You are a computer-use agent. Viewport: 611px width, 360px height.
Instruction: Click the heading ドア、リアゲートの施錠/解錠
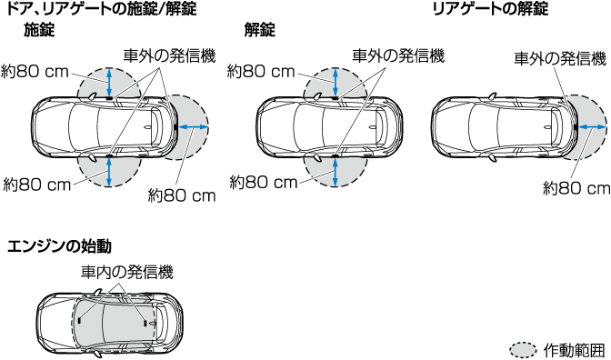pyautogui.click(x=102, y=8)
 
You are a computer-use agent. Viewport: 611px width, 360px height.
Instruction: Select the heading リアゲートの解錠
pyautogui.click(x=491, y=8)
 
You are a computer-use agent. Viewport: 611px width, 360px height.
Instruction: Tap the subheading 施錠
pyautogui.click(x=39, y=30)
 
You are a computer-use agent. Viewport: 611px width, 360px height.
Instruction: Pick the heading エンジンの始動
pyautogui.click(x=59, y=246)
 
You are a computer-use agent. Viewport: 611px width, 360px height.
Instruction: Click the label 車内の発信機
pyautogui.click(x=127, y=272)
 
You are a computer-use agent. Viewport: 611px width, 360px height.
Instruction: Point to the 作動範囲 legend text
pyautogui.click(x=574, y=350)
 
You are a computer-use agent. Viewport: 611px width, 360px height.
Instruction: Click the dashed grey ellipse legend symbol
pyautogui.click(x=524, y=350)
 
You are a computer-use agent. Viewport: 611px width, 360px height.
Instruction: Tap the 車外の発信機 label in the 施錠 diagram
pyautogui.click(x=169, y=55)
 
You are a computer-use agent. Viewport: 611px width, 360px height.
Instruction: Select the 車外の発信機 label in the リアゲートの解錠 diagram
pyautogui.click(x=560, y=59)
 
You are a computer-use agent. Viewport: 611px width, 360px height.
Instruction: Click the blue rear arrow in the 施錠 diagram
pyautogui.click(x=194, y=126)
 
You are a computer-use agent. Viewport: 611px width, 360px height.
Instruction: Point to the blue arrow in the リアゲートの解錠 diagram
pyautogui.click(x=592, y=127)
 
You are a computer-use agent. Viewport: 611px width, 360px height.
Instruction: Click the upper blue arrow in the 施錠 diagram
pyautogui.click(x=109, y=82)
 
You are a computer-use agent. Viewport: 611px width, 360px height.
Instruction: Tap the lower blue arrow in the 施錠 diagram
pyautogui.click(x=109, y=172)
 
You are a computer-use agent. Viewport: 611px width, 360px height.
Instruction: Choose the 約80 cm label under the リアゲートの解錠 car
pyautogui.click(x=576, y=189)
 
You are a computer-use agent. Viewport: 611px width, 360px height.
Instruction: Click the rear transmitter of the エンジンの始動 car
pyautogui.click(x=145, y=323)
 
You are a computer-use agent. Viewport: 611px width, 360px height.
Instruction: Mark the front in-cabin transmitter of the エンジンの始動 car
pyautogui.click(x=80, y=320)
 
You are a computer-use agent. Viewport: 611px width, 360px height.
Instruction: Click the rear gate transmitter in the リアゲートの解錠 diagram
pyautogui.click(x=576, y=127)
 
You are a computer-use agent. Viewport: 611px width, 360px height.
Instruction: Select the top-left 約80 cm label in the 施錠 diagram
pyautogui.click(x=35, y=72)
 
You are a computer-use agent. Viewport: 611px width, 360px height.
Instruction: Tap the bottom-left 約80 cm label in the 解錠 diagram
pyautogui.click(x=264, y=183)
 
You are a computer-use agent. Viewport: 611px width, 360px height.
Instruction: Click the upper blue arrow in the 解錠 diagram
pyautogui.click(x=336, y=82)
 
